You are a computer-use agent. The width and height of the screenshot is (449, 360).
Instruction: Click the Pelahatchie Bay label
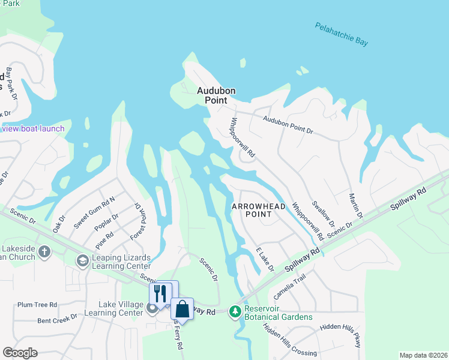(x=341, y=34)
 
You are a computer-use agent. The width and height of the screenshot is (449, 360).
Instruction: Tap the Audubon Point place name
(x=216, y=95)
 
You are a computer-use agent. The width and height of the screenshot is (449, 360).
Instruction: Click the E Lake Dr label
(x=265, y=259)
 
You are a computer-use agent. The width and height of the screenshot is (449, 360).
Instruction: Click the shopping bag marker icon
(x=182, y=309)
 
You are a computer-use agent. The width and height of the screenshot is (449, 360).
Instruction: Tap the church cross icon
(x=43, y=251)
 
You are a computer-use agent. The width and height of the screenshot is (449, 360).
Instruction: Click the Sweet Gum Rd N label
(x=95, y=212)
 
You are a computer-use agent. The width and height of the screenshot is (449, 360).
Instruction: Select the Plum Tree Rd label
(x=37, y=305)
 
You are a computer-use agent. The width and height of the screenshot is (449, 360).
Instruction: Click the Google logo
(x=20, y=353)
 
